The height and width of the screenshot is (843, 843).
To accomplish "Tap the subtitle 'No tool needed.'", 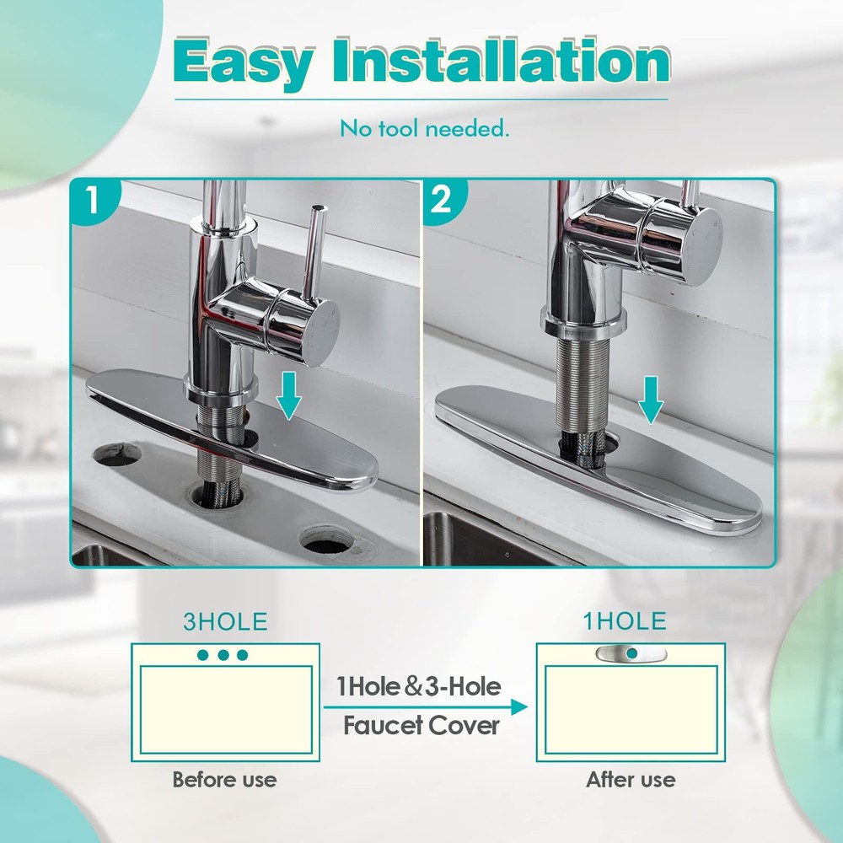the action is click(x=424, y=129).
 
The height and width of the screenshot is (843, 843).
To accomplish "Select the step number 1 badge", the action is click(x=93, y=200).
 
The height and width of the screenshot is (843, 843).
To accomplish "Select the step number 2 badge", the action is click(x=442, y=200).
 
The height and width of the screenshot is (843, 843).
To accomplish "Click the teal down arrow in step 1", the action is click(x=288, y=395).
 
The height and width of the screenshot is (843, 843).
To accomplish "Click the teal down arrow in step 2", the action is click(x=651, y=400).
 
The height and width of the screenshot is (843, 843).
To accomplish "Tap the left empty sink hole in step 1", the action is click(x=116, y=455).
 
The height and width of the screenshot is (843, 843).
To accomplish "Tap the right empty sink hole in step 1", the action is click(x=327, y=541).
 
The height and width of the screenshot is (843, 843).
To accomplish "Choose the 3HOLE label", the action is click(x=225, y=621).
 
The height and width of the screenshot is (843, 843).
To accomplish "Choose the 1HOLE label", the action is click(x=625, y=621).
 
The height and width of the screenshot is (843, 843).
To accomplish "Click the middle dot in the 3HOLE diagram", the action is click(x=223, y=655).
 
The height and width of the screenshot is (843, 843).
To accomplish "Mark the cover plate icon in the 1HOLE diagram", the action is click(x=631, y=653).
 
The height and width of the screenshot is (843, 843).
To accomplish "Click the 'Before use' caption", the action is click(x=225, y=780).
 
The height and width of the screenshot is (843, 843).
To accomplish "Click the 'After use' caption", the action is click(x=631, y=780).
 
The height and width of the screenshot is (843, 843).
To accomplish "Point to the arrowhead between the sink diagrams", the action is click(x=518, y=707).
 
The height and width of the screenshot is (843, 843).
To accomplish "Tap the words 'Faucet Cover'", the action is click(x=421, y=726).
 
